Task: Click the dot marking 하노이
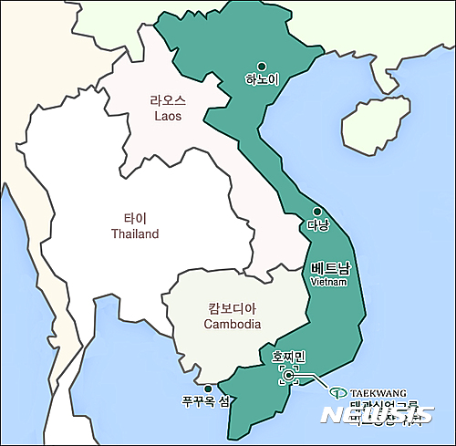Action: [262, 66]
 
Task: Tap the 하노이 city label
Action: [262, 79]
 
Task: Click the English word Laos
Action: [168, 118]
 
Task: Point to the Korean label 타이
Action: [135, 219]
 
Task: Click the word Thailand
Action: [135, 234]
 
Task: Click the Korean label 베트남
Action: [330, 267]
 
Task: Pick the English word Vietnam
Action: [329, 282]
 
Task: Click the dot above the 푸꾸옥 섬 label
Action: [208, 388]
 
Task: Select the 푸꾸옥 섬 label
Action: [205, 401]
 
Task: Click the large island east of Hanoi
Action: [373, 119]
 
